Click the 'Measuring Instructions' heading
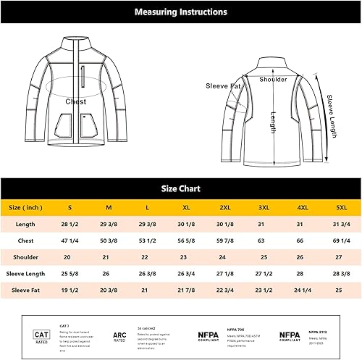coord(181,12)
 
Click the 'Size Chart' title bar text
coord(181,188)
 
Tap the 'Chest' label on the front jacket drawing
coord(76,102)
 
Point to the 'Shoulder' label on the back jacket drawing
coord(273,80)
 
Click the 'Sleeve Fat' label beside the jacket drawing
coord(224,85)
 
